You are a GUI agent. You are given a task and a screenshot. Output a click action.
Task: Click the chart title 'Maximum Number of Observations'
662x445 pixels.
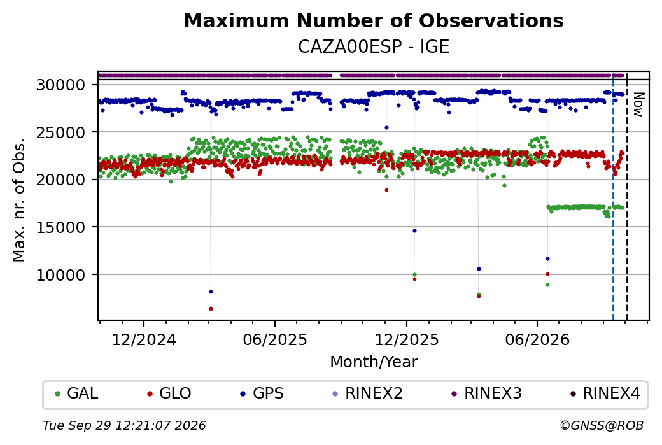(374, 20)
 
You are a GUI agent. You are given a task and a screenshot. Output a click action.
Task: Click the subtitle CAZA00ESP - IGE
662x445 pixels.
(374, 46)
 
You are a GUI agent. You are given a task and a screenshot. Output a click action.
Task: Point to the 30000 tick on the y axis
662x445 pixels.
(61, 85)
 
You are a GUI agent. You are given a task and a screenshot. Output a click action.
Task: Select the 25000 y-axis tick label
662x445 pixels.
(61, 132)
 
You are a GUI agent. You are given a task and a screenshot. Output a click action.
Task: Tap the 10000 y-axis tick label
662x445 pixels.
(61, 275)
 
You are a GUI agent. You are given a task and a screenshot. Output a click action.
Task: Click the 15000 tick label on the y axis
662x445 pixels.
(61, 227)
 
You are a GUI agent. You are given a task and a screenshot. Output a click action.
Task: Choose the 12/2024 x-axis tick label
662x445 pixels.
(144, 339)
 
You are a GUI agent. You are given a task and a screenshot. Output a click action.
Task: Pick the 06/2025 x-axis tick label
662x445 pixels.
(275, 339)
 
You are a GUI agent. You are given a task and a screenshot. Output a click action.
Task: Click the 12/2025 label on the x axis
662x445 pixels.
(407, 339)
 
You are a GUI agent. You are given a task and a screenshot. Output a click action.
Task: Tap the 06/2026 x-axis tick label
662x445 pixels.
(537, 339)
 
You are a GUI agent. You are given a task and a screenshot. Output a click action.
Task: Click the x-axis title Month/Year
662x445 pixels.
(374, 362)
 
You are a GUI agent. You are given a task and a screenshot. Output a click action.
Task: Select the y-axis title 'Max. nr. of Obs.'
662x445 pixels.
(19, 200)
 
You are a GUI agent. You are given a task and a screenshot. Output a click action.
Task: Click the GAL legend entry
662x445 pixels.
(76, 393)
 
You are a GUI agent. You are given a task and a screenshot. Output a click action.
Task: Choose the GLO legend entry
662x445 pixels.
(169, 393)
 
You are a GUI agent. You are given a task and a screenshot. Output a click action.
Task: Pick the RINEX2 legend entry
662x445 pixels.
(367, 393)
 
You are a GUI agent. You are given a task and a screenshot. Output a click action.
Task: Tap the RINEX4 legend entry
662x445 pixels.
(605, 393)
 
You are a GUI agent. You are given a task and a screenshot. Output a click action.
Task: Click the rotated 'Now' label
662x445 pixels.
(639, 104)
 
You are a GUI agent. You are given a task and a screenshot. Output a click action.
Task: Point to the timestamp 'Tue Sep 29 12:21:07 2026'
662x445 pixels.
(124, 425)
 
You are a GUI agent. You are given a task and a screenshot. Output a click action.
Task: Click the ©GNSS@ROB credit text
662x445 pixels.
(602, 425)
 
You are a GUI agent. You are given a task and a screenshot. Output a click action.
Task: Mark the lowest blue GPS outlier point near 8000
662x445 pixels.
(211, 292)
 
